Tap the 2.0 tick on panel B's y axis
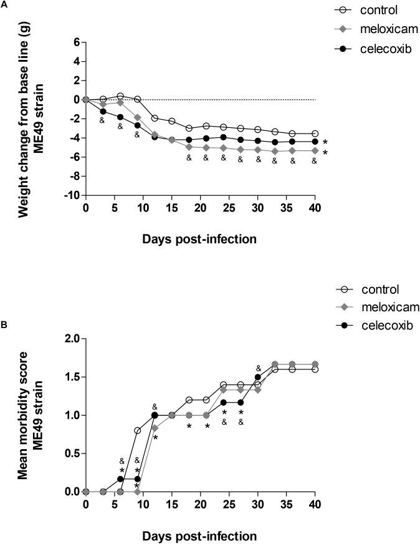(x=70, y=339)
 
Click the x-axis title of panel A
(x=200, y=238)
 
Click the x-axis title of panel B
(x=200, y=535)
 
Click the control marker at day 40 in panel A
(x=315, y=134)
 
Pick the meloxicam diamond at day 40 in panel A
(x=315, y=150)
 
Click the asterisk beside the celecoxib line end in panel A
(x=325, y=142)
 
